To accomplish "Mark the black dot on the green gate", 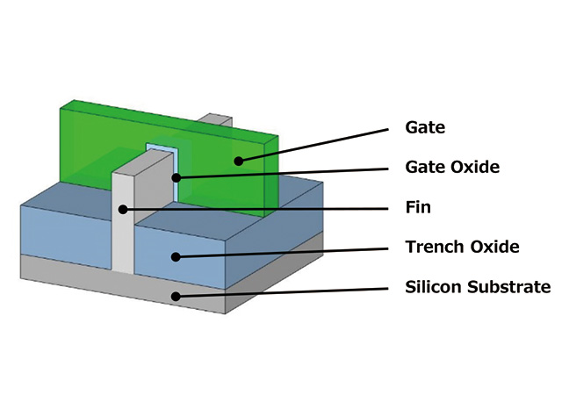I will [x=236, y=160].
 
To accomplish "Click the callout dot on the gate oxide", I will [x=176, y=178].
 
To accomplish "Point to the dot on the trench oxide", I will [x=176, y=256].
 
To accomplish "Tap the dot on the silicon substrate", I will [x=176, y=296].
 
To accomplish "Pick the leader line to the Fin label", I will [x=263, y=209].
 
